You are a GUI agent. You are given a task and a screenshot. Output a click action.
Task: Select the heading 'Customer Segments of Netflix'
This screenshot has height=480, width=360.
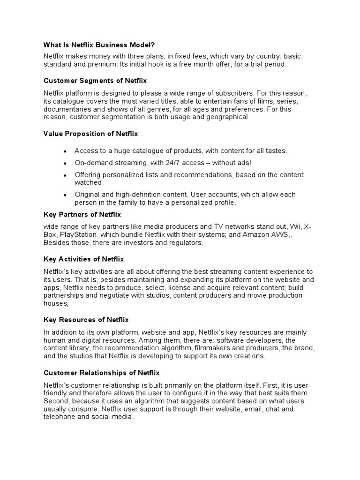click(x=95, y=81)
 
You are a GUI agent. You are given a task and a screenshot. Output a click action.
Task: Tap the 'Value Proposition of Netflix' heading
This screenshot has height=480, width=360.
click(x=91, y=134)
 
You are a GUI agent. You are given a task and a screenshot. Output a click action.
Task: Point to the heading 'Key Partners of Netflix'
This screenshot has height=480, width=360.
click(x=82, y=214)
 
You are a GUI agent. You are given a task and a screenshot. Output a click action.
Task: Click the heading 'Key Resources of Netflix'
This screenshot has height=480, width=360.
click(x=86, y=320)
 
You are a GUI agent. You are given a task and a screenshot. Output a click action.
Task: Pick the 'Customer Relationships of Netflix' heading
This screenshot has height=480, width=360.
click(x=102, y=373)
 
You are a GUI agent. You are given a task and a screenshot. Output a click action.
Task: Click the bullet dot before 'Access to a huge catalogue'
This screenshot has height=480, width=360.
click(x=65, y=151)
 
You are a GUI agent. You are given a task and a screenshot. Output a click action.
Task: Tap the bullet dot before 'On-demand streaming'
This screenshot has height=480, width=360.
click(x=65, y=163)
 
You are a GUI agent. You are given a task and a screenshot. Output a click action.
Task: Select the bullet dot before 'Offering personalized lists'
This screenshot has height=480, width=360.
click(x=65, y=175)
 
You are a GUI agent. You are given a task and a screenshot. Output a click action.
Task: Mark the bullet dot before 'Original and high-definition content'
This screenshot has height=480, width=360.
click(x=65, y=195)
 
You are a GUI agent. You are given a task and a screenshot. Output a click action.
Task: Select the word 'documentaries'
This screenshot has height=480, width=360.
click(x=66, y=109)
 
